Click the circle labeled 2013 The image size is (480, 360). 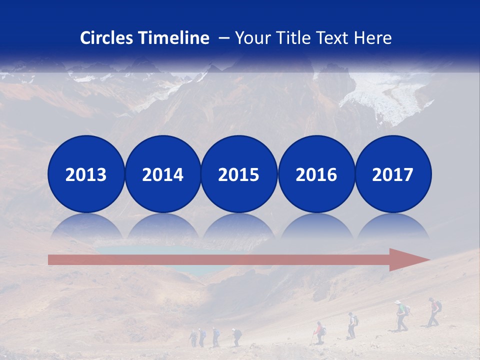(x=86, y=174)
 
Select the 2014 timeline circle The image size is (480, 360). (x=162, y=174)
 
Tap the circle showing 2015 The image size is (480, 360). (x=239, y=174)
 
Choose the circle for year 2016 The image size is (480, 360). (x=316, y=174)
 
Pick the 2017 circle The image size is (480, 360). (x=393, y=174)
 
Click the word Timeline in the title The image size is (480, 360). (x=174, y=38)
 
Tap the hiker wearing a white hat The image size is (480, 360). (x=400, y=315)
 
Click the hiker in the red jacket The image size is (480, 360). (x=318, y=332)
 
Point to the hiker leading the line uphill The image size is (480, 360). (x=434, y=311)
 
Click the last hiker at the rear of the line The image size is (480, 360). (x=193, y=337)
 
